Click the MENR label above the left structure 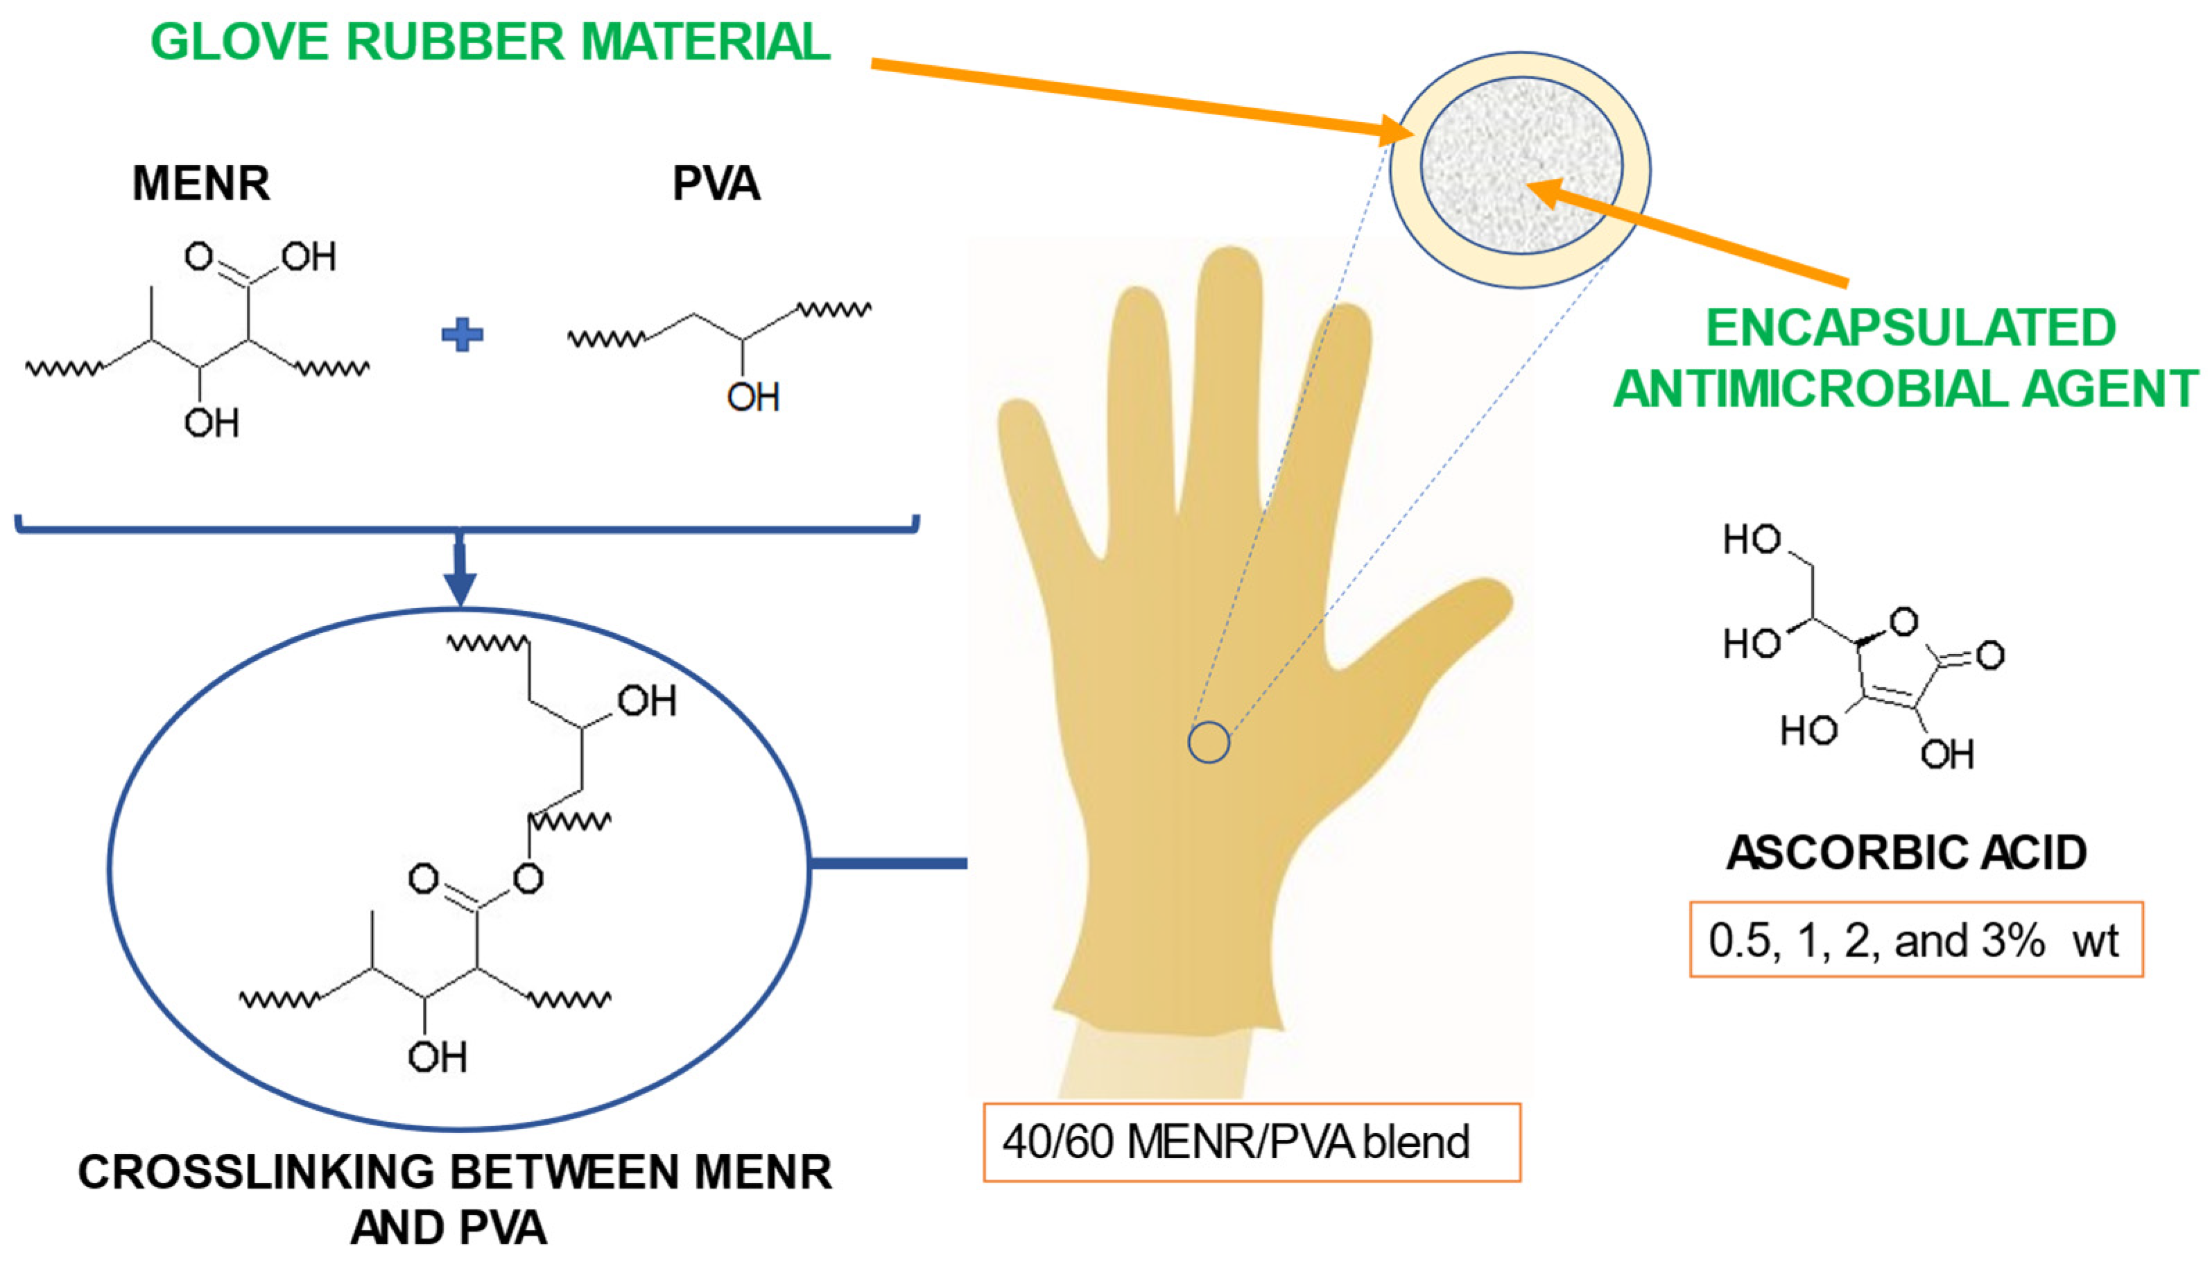pyautogui.click(x=201, y=184)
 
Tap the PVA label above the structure pyautogui.click(x=716, y=184)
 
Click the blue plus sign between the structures pyautogui.click(x=462, y=335)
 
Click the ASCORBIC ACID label pyautogui.click(x=1906, y=853)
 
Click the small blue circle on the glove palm pyautogui.click(x=1209, y=743)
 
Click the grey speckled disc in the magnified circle pyautogui.click(x=1521, y=166)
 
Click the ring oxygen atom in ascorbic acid pyautogui.click(x=1903, y=622)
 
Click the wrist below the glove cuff pyautogui.click(x=1155, y=1063)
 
